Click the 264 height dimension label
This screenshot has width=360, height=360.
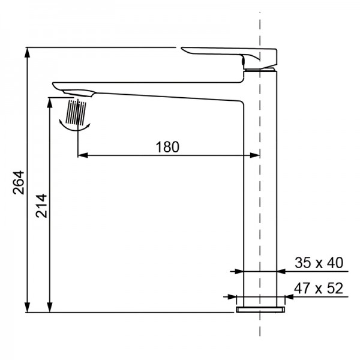(17, 182)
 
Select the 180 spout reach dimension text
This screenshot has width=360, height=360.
(167, 146)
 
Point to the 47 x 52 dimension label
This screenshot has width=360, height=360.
(318, 288)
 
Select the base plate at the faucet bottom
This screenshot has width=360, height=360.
(259, 308)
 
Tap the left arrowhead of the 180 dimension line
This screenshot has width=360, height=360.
(83, 155)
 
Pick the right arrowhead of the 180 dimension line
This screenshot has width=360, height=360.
(255, 155)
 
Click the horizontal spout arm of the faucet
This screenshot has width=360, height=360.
(162, 91)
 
